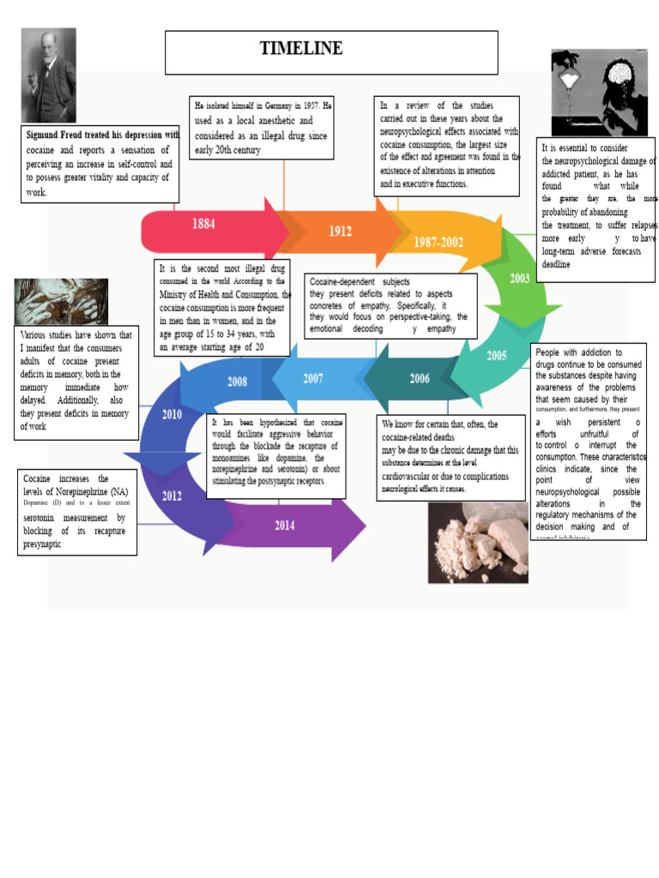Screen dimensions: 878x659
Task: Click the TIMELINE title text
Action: coord(301,49)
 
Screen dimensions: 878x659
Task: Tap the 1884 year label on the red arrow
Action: coord(203,224)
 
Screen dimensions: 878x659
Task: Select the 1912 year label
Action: coord(340,232)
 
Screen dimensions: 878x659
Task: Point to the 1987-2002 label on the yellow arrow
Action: coord(438,243)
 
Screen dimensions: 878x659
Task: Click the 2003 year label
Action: coord(520,279)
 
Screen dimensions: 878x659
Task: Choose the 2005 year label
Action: coord(497,356)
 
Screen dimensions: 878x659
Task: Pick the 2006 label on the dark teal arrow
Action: coord(420,378)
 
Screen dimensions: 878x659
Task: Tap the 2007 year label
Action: coord(313,378)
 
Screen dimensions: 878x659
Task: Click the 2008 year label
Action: coord(238,382)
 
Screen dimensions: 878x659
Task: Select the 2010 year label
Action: coord(172,415)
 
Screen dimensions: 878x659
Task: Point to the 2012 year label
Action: coord(172,496)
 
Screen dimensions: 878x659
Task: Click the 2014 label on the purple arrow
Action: coord(285,526)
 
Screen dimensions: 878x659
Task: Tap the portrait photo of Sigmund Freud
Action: coord(48,75)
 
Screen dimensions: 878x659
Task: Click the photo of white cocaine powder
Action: coord(477,542)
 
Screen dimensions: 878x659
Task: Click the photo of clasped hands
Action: coord(61,302)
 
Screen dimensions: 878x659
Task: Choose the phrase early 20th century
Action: coord(227,150)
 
